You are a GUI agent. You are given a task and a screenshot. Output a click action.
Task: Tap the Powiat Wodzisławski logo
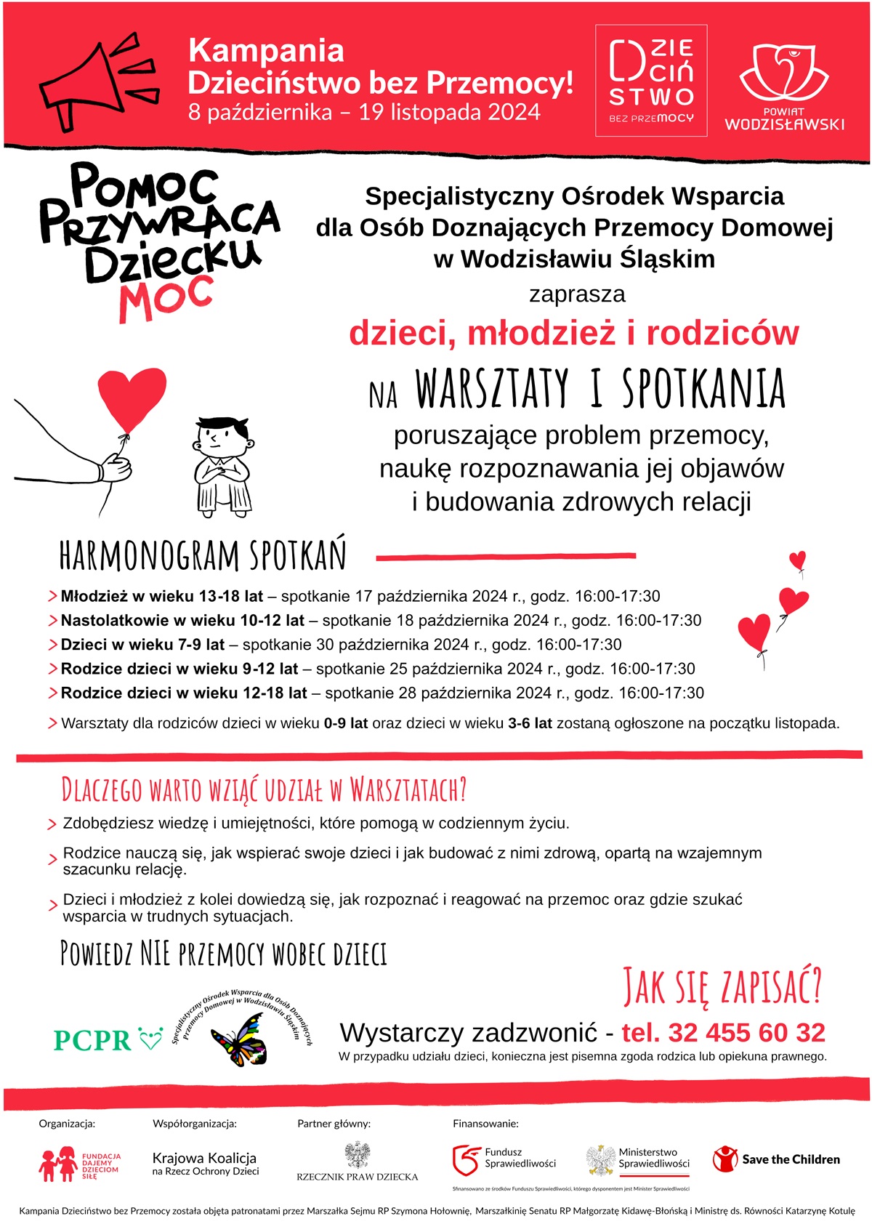(x=784, y=87)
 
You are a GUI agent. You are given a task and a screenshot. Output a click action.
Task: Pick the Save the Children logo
(x=777, y=1159)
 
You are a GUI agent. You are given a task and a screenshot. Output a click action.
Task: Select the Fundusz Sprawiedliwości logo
(x=504, y=1159)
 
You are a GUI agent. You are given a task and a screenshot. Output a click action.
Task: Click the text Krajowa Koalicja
(x=204, y=1158)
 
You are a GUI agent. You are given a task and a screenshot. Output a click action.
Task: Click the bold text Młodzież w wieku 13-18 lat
(x=161, y=597)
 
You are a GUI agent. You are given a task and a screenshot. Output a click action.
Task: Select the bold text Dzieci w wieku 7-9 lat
(x=142, y=645)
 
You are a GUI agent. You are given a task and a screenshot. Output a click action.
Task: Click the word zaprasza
(x=577, y=294)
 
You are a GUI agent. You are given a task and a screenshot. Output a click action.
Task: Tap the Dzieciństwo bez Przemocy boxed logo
(x=651, y=81)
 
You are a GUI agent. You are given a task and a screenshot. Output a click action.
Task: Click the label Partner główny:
(x=334, y=1124)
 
